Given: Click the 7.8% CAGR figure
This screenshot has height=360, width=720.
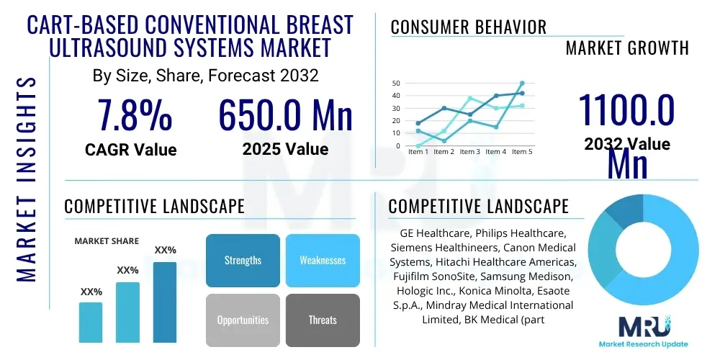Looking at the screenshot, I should (x=135, y=114).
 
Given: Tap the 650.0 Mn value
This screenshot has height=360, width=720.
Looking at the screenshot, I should (x=285, y=114).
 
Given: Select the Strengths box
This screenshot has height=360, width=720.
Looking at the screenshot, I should (x=243, y=261).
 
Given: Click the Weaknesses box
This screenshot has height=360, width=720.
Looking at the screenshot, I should (x=323, y=261).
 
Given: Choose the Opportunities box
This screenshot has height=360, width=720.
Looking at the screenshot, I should (x=243, y=320).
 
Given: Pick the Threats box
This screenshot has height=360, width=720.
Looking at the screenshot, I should (x=323, y=320).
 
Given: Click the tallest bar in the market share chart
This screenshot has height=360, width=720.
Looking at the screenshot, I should (x=165, y=302).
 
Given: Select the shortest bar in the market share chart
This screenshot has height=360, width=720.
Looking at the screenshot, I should (x=91, y=322).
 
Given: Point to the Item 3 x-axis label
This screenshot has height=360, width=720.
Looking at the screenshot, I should (x=470, y=152).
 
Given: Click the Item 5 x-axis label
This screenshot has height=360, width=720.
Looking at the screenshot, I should (x=522, y=152).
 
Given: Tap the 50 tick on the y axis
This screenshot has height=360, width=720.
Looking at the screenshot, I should (x=396, y=84).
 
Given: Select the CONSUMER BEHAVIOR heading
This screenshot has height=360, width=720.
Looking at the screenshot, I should (x=469, y=27).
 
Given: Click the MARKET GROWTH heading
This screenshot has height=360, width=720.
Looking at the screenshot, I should (x=627, y=48).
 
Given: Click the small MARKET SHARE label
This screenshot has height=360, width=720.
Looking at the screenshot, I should (x=107, y=241).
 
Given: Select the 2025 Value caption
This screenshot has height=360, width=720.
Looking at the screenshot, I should (x=285, y=149).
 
